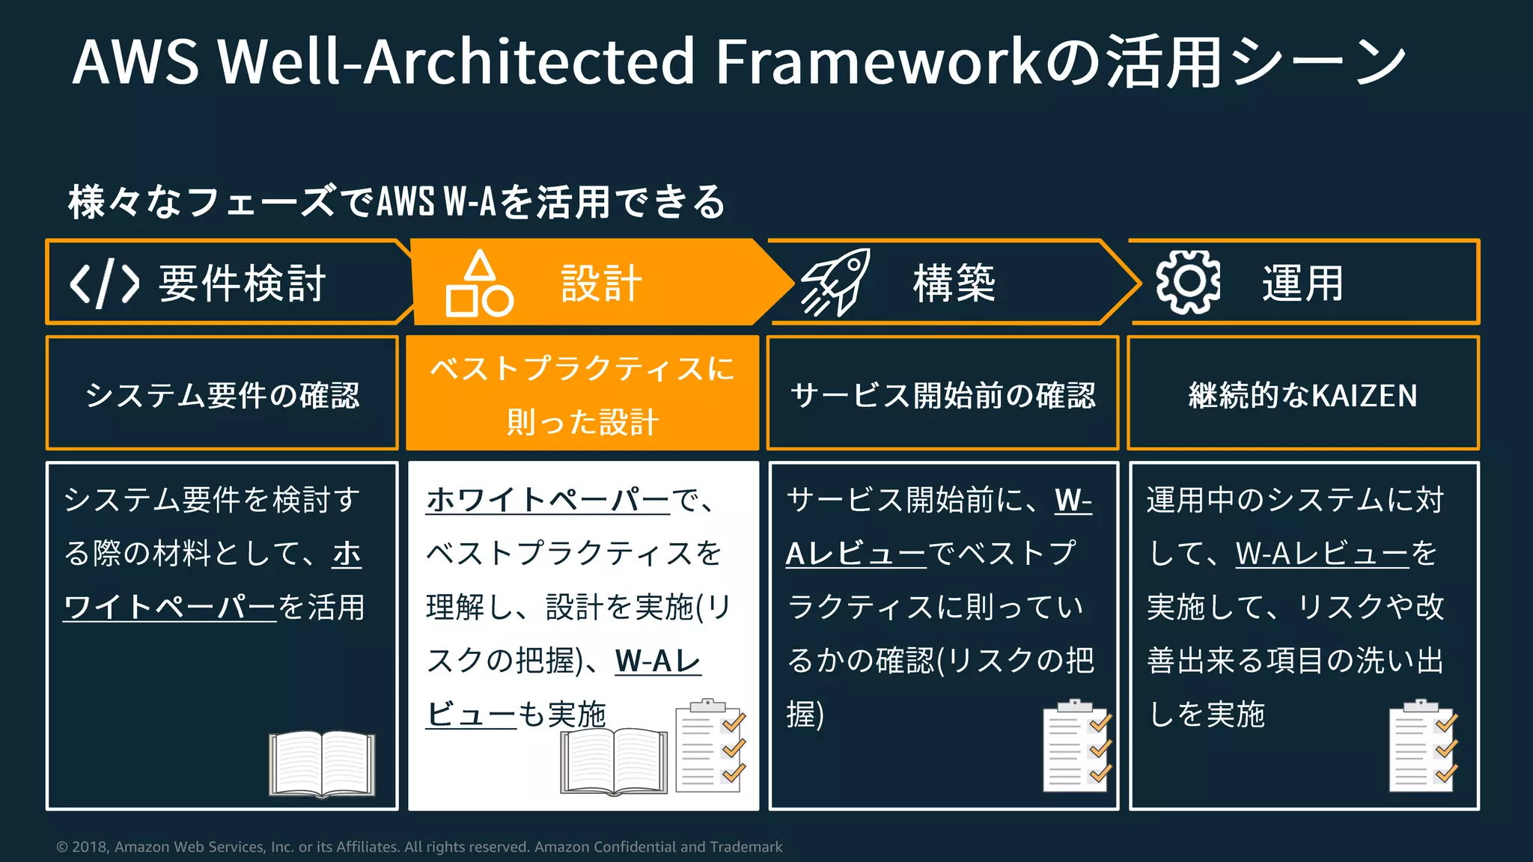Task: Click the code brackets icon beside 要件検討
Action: pos(104,284)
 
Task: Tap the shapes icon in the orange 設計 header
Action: pos(479,284)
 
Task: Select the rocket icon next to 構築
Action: pos(835,282)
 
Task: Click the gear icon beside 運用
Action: pos(1188,282)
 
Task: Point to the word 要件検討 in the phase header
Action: pos(243,284)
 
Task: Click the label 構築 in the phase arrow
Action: pos(954,283)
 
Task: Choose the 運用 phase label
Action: pos(1302,284)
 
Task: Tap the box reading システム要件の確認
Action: pos(222,394)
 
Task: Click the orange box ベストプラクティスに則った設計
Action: pos(582,394)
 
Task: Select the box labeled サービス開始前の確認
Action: pos(942,394)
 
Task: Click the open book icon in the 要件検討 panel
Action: pos(322,763)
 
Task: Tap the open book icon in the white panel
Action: pos(614,760)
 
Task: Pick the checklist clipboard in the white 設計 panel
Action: pos(710,746)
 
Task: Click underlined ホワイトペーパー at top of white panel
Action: pos(548,499)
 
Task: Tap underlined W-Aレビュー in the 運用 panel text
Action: pos(1322,554)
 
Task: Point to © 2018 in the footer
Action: pos(82,847)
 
